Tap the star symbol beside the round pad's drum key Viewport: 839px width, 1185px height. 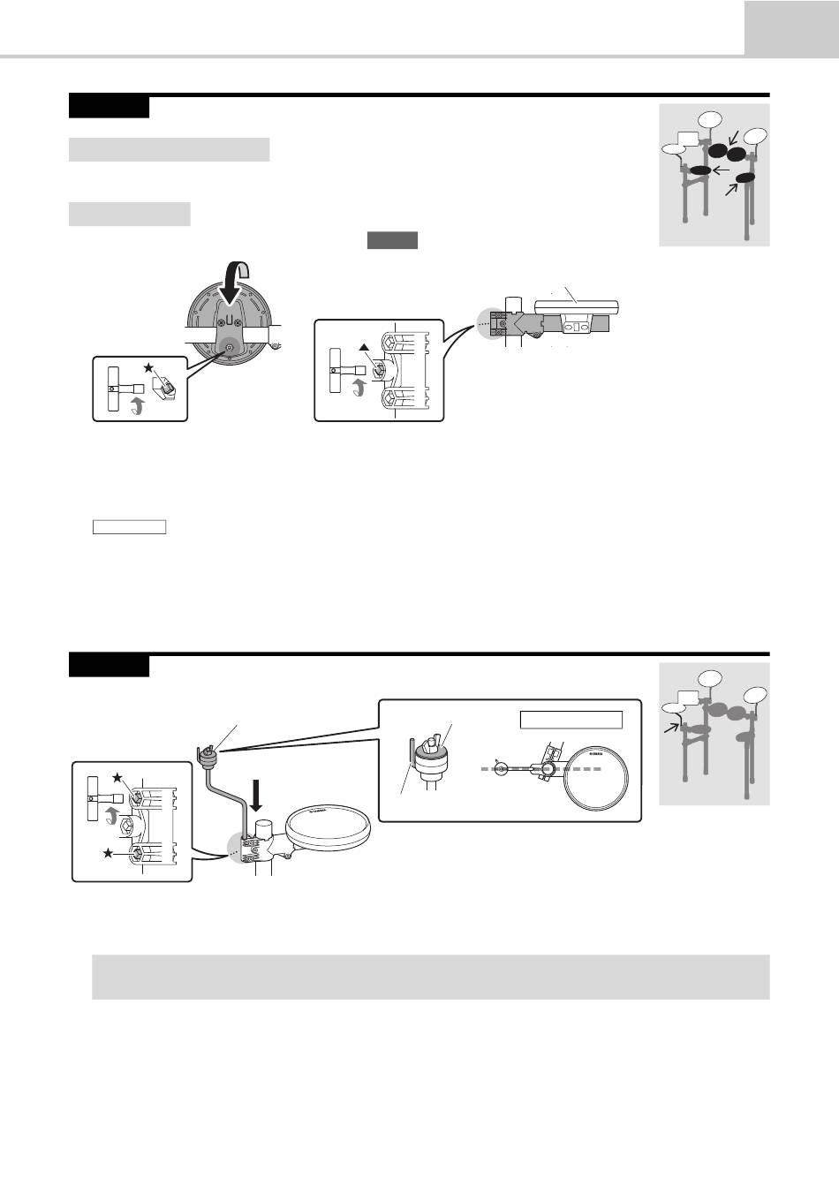[x=147, y=366]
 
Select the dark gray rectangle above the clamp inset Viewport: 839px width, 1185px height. [x=392, y=241]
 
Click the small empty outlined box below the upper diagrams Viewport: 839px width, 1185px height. [x=130, y=527]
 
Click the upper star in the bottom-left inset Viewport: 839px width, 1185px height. [x=117, y=776]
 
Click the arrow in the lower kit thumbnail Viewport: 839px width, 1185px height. [x=672, y=726]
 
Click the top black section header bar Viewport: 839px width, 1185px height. [x=109, y=107]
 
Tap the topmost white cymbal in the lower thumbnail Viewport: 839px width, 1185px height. [x=709, y=679]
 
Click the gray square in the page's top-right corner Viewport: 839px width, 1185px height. [x=791, y=27]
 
